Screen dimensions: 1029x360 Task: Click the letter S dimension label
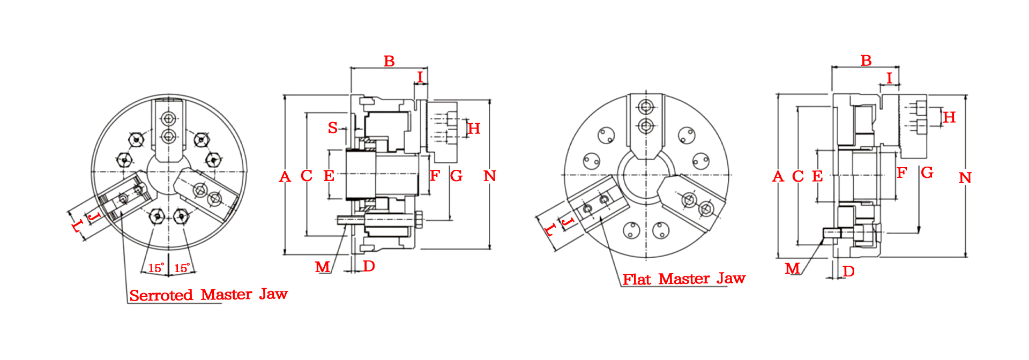[333, 127]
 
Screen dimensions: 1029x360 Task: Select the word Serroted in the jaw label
[161, 295]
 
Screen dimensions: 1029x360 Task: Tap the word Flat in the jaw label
[637, 279]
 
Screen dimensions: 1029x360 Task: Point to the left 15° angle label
[156, 267]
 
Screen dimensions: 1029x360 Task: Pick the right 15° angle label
[182, 267]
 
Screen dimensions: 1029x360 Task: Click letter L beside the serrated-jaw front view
[77, 226]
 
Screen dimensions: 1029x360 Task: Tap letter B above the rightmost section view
[866, 61]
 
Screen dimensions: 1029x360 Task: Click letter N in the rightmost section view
[965, 177]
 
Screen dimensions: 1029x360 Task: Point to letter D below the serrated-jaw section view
[369, 266]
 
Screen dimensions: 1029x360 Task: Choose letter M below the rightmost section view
[792, 268]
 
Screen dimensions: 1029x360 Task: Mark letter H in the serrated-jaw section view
[474, 129]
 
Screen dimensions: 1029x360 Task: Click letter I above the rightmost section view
[889, 78]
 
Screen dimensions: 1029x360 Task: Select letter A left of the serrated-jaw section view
[285, 177]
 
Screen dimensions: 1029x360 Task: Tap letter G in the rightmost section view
[927, 172]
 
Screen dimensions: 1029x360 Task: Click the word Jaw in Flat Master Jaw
[731, 278]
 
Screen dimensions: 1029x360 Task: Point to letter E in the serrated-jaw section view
[329, 176]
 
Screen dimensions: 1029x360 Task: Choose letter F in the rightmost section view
[901, 172]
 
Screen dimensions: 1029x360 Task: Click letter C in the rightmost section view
[798, 176]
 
